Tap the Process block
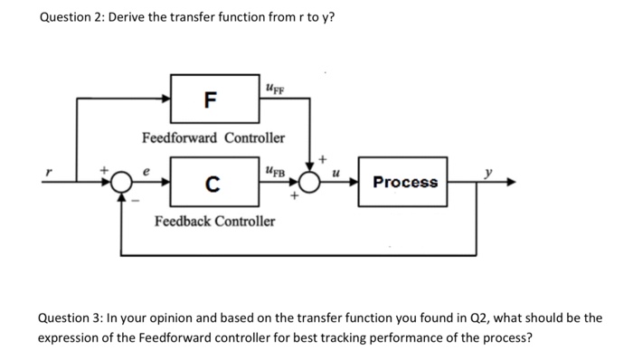coord(404,182)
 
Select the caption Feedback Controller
coord(214,221)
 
